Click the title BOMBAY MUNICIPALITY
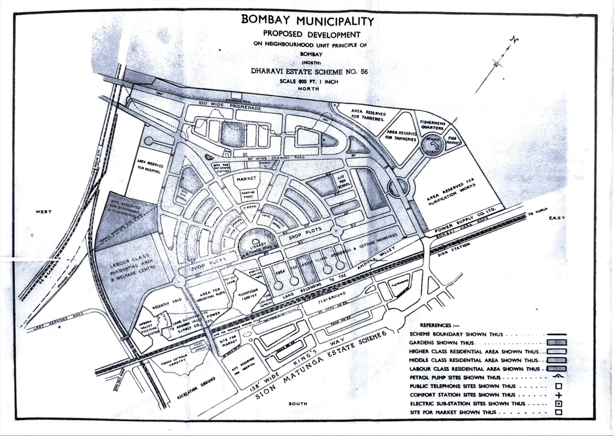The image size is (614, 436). (x=307, y=21)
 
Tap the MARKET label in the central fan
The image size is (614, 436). (x=246, y=179)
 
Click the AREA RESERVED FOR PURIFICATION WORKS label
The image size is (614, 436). (x=452, y=193)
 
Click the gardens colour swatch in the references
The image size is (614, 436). (x=557, y=342)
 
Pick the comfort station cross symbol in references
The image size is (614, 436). (x=559, y=395)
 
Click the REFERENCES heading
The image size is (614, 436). (x=436, y=325)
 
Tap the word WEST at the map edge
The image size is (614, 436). (x=44, y=212)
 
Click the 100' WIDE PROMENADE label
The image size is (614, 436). (x=229, y=105)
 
